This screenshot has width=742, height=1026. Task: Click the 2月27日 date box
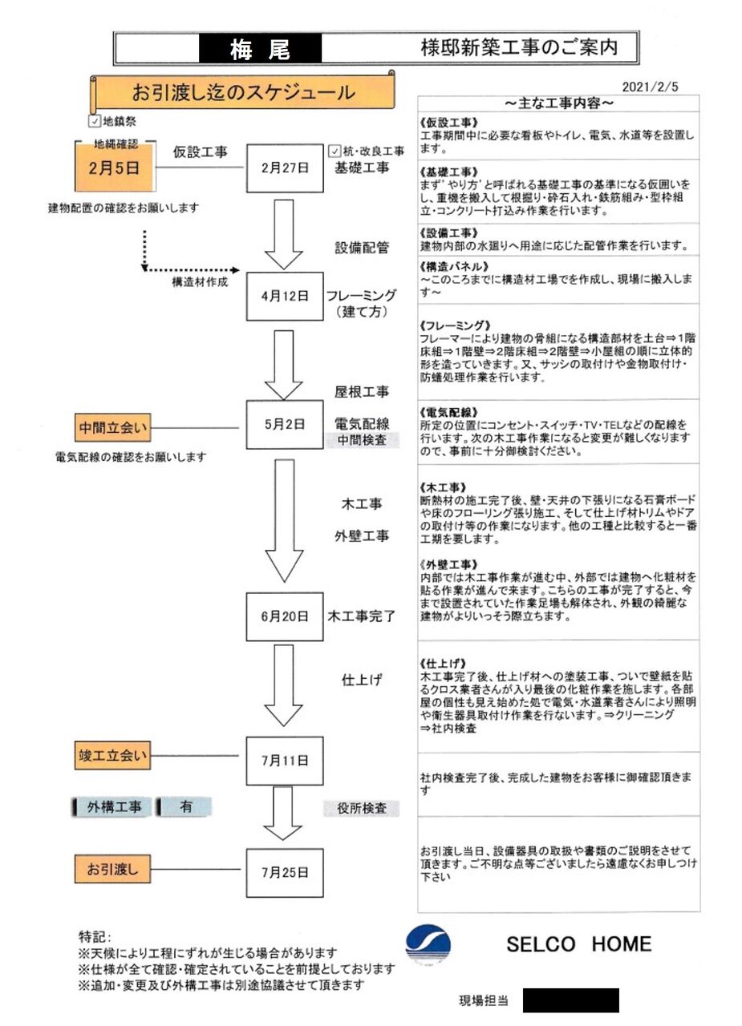coord(284,168)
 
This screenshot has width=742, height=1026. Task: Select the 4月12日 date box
coord(284,296)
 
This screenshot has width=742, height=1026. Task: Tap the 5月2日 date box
coord(284,425)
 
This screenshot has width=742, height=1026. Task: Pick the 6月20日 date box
coord(284,616)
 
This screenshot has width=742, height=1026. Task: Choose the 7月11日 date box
coord(284,760)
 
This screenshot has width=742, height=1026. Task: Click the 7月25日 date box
coord(284,870)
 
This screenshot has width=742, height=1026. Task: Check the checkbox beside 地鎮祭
coord(95,122)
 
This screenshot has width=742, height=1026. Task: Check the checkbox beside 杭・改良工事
coord(335,151)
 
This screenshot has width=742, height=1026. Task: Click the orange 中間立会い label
coord(113,428)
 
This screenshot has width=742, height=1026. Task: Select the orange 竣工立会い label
coord(113,755)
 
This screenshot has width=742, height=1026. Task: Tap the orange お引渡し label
coord(113,867)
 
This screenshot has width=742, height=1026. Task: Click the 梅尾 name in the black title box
coord(260,50)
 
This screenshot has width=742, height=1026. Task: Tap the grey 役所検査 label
coord(360,808)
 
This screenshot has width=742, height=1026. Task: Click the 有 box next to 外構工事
coord(185,807)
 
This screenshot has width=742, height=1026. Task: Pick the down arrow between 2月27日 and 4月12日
coord(283,234)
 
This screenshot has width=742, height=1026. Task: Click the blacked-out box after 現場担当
coord(570,1000)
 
